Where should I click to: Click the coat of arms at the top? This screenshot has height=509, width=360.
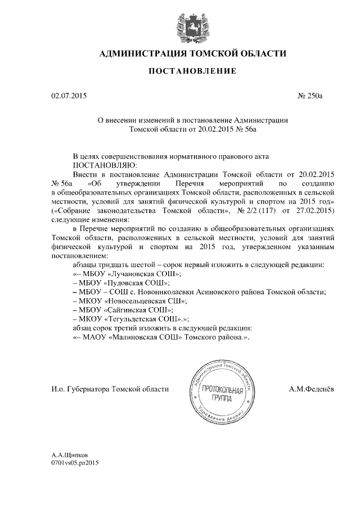tap(180, 21)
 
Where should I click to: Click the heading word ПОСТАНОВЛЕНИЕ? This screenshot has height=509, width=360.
tap(180, 71)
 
